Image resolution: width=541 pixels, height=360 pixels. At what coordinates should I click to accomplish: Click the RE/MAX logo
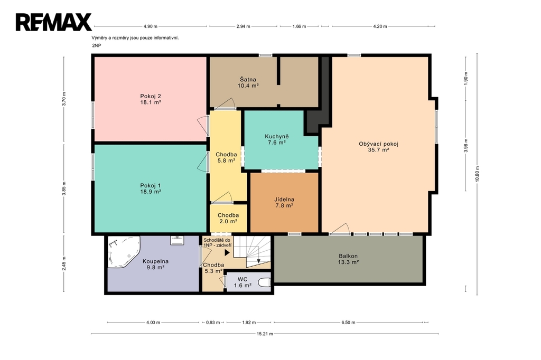pyautogui.click(x=53, y=22)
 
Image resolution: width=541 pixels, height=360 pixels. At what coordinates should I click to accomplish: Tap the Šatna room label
pyautogui.click(x=248, y=80)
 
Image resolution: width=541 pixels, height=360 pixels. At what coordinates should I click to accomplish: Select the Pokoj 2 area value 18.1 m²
pyautogui.click(x=151, y=102)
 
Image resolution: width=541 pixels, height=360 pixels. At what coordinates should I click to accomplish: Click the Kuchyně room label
pyautogui.click(x=277, y=136)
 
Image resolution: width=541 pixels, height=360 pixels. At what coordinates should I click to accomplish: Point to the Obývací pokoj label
pyautogui.click(x=378, y=144)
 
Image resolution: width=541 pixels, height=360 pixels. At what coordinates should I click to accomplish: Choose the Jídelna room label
pyautogui.click(x=284, y=200)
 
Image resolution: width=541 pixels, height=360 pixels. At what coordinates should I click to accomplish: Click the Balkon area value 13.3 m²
pyautogui.click(x=348, y=262)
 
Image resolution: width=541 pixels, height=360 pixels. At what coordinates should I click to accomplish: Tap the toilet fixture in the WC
pyautogui.click(x=265, y=283)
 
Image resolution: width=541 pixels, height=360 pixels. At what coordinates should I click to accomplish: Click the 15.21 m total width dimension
pyautogui.click(x=265, y=334)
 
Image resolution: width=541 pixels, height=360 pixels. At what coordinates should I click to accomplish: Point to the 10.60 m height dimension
pyautogui.click(x=477, y=174)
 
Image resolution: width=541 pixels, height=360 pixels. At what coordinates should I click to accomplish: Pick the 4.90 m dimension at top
pyautogui.click(x=151, y=26)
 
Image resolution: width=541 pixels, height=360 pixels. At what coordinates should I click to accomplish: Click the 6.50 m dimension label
pyautogui.click(x=348, y=323)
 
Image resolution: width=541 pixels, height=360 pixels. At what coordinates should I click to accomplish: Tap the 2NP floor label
pyautogui.click(x=97, y=45)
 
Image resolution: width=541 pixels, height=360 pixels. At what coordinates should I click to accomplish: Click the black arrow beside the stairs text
pyautogui.click(x=227, y=252)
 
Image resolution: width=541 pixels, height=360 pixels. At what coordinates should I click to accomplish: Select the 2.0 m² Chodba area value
pyautogui.click(x=228, y=221)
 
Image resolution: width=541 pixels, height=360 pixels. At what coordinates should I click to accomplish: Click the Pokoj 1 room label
pyautogui.click(x=151, y=185)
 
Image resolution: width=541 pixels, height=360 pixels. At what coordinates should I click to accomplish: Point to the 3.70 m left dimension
pyautogui.click(x=64, y=99)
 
